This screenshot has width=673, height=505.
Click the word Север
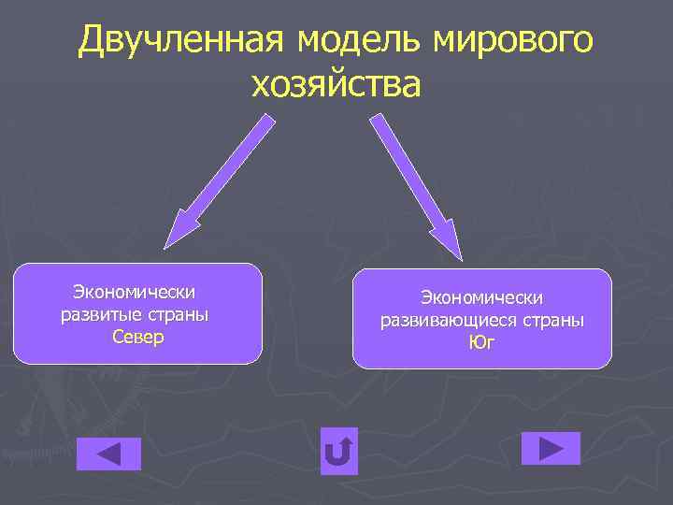point(137,337)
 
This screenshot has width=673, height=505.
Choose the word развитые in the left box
point(100,314)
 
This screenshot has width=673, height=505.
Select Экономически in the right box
point(481,297)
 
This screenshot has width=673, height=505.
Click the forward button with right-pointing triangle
point(551,449)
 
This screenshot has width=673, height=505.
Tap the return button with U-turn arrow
point(338,453)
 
